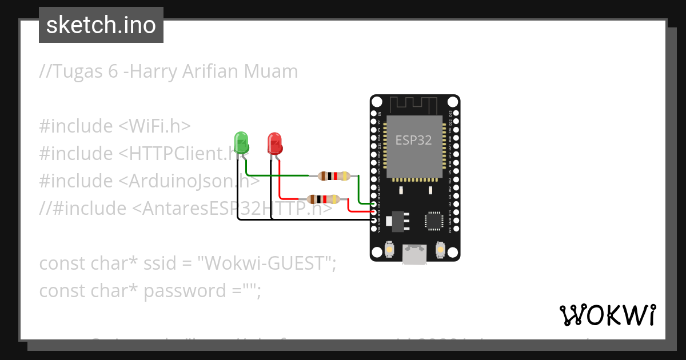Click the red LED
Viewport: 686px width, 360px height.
[275, 143]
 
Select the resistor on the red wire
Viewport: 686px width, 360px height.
[324, 199]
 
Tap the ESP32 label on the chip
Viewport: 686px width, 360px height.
[414, 140]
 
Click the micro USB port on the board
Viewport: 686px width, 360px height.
[414, 254]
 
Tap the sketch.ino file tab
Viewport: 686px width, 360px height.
[101, 25]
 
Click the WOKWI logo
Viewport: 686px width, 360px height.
[607, 315]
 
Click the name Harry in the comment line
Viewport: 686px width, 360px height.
[153, 71]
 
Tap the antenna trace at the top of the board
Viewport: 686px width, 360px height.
[414, 105]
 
